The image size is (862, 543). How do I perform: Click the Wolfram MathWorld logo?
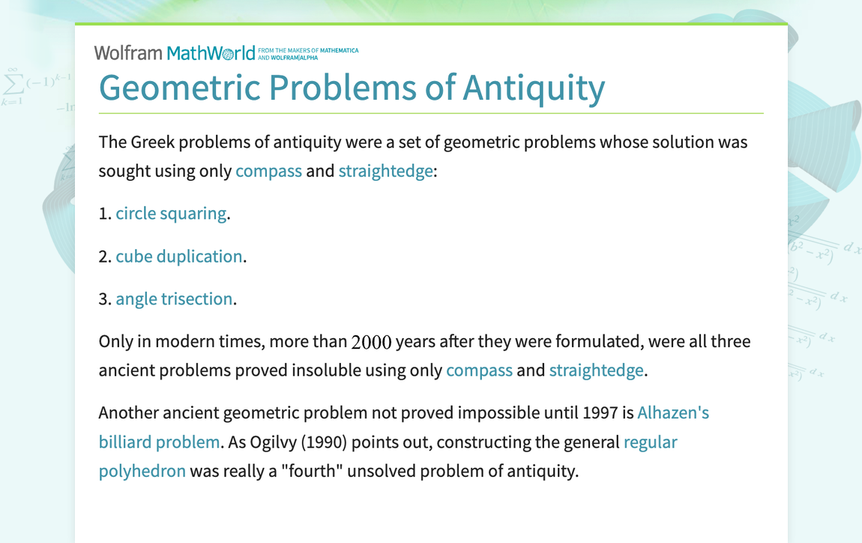click(x=174, y=52)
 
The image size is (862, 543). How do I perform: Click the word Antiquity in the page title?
click(x=534, y=88)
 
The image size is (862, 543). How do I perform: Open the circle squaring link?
click(x=171, y=214)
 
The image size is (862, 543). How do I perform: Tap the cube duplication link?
click(x=179, y=256)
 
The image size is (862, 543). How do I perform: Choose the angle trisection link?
click(x=174, y=299)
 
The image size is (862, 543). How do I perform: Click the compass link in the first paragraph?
click(x=268, y=171)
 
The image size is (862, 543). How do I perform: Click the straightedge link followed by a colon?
click(x=385, y=171)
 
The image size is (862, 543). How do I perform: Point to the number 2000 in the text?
click(x=371, y=343)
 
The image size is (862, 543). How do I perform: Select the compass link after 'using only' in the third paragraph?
click(x=479, y=370)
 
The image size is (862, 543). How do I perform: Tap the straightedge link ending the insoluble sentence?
click(x=596, y=370)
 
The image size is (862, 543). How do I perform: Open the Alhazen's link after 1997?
click(x=673, y=413)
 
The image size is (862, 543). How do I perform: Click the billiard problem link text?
click(x=159, y=442)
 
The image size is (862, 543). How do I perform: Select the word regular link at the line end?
click(x=650, y=442)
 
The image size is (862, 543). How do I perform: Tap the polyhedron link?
click(x=142, y=472)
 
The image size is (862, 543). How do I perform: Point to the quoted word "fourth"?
click(x=331, y=472)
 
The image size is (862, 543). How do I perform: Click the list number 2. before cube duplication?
click(x=105, y=256)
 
